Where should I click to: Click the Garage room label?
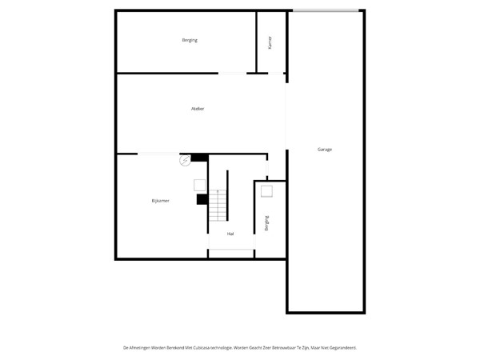(x=324, y=150)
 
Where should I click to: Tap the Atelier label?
(x=198, y=108)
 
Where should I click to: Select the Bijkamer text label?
(x=160, y=201)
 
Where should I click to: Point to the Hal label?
(x=230, y=234)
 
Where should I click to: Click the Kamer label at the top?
(x=270, y=43)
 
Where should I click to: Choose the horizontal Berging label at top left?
(x=190, y=40)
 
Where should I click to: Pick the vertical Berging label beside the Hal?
(x=266, y=223)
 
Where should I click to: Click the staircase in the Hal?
(x=218, y=206)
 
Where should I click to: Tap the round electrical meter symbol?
(x=185, y=160)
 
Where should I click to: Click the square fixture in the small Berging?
(x=266, y=190)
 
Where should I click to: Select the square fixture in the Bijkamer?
(x=199, y=185)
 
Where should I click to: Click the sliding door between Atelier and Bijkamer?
(x=158, y=154)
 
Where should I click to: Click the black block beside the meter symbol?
(x=199, y=157)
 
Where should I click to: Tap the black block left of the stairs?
(x=202, y=199)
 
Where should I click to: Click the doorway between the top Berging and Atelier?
(x=233, y=74)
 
